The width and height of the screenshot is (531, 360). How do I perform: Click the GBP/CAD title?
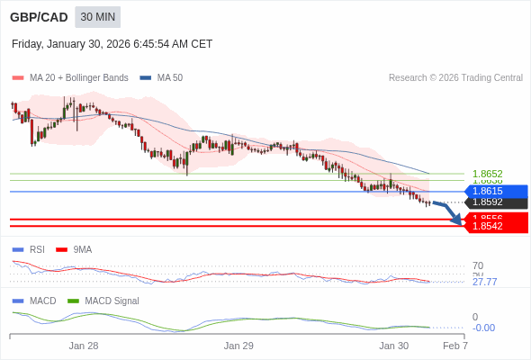tap(38, 17)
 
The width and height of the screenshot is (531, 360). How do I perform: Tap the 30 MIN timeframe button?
tap(97, 17)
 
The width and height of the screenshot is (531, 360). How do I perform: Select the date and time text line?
tap(112, 43)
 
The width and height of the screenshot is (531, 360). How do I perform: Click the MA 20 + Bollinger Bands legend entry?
tap(78, 78)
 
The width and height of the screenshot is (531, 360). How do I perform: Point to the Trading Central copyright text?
tap(455, 78)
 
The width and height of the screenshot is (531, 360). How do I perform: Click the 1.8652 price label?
tap(487, 174)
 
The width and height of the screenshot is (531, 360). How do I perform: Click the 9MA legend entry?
tap(82, 249)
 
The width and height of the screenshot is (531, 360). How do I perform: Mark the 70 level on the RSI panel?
tap(478, 266)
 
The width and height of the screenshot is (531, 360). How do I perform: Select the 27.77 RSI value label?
tap(484, 282)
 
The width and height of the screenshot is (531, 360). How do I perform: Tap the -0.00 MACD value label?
tap(483, 328)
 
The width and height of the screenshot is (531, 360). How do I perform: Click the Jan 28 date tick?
tap(84, 346)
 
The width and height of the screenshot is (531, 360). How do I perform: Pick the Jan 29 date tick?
tap(238, 346)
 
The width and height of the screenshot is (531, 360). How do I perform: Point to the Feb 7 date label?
tap(455, 346)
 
